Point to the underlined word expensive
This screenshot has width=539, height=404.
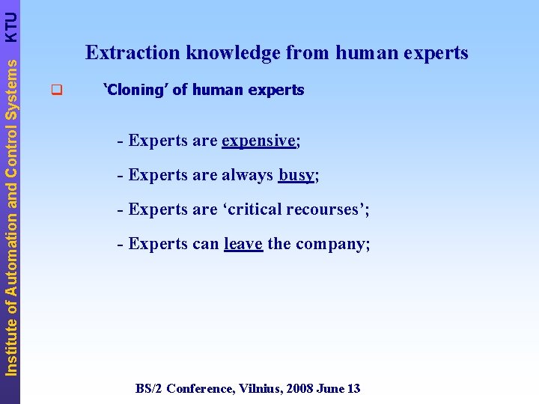pyautogui.click(x=259, y=141)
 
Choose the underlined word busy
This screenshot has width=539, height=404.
pyautogui.click(x=296, y=176)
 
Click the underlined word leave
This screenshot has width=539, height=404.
pyautogui.click(x=243, y=245)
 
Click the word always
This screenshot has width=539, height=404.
pyautogui.click(x=247, y=175)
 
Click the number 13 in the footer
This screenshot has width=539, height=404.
pyautogui.click(x=353, y=388)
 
